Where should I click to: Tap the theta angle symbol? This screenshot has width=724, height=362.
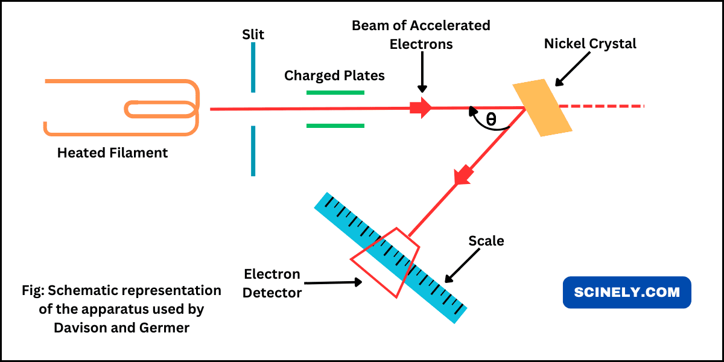[x=491, y=119]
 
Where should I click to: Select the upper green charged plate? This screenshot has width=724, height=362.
[x=335, y=92]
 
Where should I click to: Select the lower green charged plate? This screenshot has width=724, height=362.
[x=335, y=125]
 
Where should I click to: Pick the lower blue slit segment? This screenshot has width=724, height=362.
[x=253, y=151]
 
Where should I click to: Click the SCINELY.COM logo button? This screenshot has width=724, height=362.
[x=627, y=293]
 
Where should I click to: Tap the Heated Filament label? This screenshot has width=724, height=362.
[x=112, y=153]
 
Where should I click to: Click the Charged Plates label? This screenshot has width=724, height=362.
[x=334, y=75]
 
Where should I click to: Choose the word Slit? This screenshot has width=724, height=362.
[x=253, y=34]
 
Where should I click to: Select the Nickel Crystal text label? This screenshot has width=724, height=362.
[x=590, y=43]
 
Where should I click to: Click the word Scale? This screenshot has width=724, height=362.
[x=486, y=241]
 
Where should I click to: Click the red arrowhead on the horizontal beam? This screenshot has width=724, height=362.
[x=422, y=107]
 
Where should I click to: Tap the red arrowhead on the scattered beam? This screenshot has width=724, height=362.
[x=462, y=175]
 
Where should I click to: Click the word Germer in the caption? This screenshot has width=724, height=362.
[x=170, y=328]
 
